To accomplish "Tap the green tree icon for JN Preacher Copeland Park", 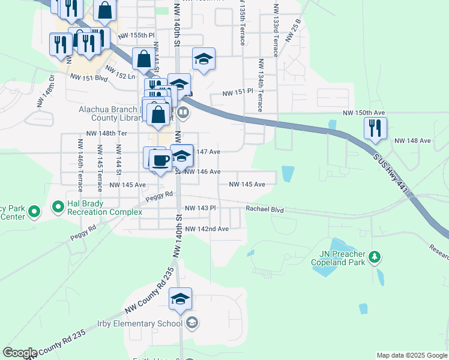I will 375,257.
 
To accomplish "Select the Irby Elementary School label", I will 144,324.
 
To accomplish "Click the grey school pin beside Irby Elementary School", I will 191,323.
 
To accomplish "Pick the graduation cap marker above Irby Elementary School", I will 180,299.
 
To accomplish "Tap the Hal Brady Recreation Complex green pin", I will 58,208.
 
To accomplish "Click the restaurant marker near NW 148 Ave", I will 375,128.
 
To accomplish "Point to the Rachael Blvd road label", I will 264,209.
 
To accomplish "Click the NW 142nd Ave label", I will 206,229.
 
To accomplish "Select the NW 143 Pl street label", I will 200,208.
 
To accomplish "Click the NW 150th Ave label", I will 363,113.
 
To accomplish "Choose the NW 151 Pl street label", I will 239,93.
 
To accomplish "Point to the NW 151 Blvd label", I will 88,77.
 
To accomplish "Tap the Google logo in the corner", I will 19,353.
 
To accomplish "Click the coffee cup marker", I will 160,160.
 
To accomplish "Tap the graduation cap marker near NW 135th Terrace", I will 203,59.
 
